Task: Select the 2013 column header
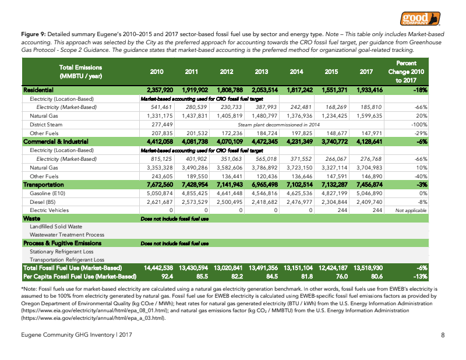coord(262,72)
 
